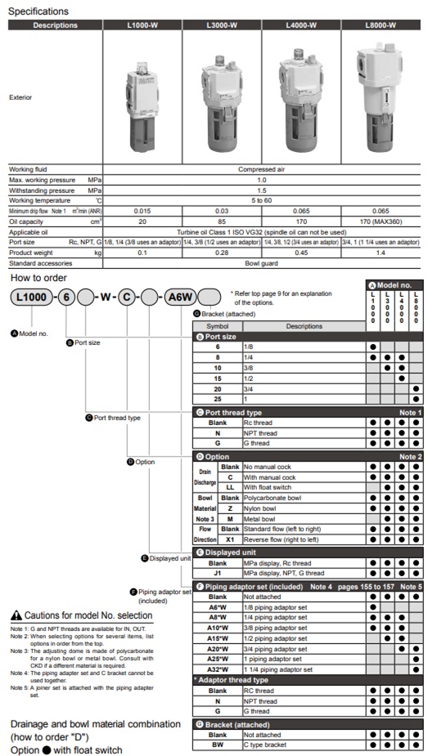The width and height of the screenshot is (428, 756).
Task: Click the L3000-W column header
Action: click(222, 25)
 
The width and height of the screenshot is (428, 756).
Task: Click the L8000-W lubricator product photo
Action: click(381, 96)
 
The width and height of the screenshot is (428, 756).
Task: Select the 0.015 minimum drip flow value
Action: click(142, 211)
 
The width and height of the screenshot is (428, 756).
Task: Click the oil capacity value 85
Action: click(222, 221)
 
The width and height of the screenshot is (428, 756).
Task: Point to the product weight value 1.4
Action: click(381, 253)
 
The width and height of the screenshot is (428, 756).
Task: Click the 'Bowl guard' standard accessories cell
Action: click(262, 263)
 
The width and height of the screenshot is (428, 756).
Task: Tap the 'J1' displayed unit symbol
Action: click(217, 573)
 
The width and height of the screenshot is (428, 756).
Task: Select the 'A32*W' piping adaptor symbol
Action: click(217, 669)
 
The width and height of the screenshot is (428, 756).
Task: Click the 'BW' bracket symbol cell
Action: click(217, 745)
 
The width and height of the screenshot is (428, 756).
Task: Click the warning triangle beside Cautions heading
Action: click(16, 615)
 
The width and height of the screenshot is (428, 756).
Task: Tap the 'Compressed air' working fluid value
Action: click(262, 169)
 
